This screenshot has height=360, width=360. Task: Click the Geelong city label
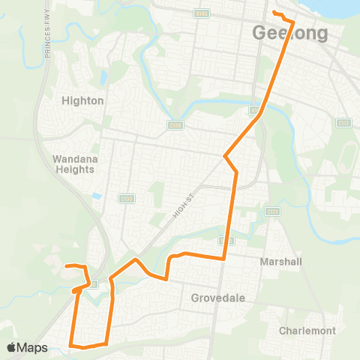pos(290,34)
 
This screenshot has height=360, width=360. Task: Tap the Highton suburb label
pos(83,100)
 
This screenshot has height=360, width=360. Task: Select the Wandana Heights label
pos(74,163)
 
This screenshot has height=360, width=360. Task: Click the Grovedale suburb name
pos(218,298)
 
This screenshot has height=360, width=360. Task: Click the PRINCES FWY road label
pos(48,34)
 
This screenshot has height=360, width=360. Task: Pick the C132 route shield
pos(343,123)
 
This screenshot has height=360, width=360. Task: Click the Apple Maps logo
pos(27,347)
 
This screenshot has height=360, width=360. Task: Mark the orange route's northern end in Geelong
pos(274,13)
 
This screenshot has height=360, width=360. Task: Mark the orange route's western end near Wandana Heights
pos(66,265)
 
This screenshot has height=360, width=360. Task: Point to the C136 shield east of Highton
pos(175,125)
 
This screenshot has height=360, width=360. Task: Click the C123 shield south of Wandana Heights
pos(126,199)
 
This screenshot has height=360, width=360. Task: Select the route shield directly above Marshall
pos(271,212)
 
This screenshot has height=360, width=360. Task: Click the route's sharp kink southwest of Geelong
pos(226,156)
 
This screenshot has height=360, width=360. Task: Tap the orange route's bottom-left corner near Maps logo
pos(71,344)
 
